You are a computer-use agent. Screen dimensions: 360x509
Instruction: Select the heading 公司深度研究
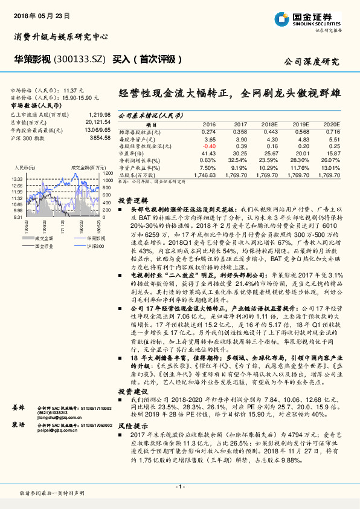[312, 62]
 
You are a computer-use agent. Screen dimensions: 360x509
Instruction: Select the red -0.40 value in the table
[209, 146]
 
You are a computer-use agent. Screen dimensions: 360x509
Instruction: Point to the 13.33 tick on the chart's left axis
[17, 179]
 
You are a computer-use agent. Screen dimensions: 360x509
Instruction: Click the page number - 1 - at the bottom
[180, 487]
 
